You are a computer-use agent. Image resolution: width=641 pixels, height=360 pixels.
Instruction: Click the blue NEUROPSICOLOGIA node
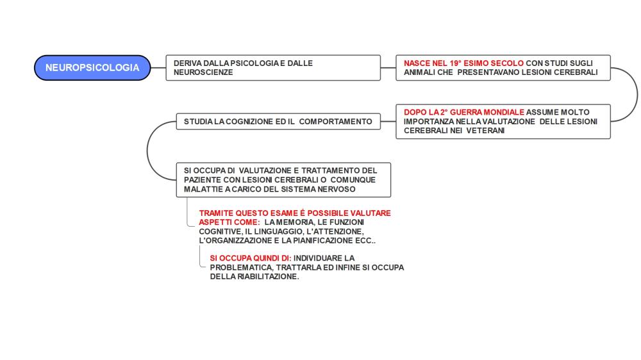[x=92, y=68]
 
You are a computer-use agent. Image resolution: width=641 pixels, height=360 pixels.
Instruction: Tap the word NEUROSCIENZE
[x=203, y=72]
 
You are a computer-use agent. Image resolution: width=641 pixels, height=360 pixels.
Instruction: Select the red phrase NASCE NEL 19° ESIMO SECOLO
[x=463, y=63]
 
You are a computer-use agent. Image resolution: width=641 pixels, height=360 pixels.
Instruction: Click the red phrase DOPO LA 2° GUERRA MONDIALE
[x=464, y=112]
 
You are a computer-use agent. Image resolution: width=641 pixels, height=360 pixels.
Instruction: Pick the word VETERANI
[x=485, y=131]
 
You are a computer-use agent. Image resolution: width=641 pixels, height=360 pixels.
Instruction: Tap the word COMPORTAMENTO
[x=335, y=122]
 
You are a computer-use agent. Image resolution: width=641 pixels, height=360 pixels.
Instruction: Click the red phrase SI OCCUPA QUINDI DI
[x=249, y=258]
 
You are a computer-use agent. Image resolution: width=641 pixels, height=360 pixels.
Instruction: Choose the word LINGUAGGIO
[x=279, y=232]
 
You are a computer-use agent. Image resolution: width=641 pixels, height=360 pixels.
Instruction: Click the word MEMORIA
[x=294, y=222]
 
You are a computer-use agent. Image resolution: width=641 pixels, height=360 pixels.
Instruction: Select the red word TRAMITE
[x=216, y=213]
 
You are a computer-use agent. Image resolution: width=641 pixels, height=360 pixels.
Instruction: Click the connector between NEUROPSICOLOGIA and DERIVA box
[x=158, y=68]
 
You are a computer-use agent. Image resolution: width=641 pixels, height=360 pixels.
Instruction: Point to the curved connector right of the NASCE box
[x=637, y=95]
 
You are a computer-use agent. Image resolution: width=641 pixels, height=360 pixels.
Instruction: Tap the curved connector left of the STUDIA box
[x=147, y=151]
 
